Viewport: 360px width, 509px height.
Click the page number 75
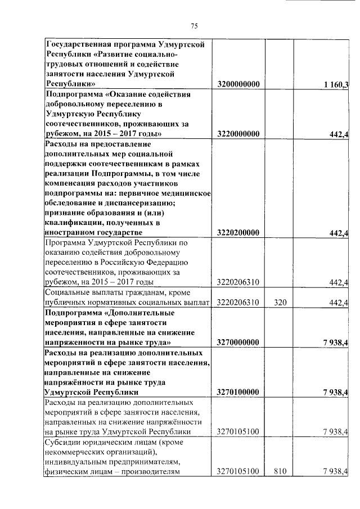coord(195,26)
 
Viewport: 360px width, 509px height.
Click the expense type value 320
coord(280,303)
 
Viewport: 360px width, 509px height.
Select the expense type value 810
coord(280,471)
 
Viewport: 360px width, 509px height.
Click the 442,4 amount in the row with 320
coord(340,303)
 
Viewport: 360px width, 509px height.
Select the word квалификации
coord(72,223)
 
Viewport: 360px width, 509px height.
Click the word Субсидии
coord(65,442)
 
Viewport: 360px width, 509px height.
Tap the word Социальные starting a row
coord(70,293)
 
